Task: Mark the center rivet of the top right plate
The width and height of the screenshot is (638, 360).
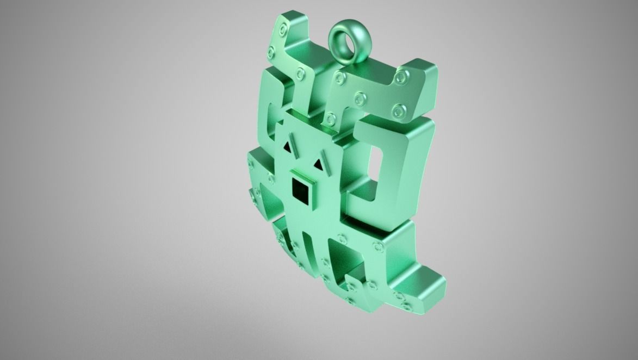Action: point(360,98)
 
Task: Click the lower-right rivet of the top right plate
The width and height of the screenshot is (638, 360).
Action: point(398,112)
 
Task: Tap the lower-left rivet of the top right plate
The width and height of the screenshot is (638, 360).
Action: point(330,117)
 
